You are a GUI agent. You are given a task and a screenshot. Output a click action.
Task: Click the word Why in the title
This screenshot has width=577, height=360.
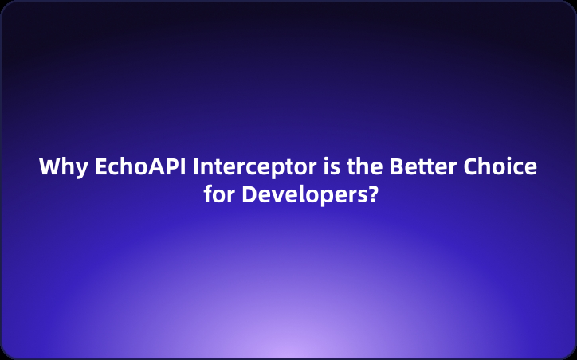pyautogui.click(x=62, y=169)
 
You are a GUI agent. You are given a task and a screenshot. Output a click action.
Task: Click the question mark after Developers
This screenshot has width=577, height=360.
pyautogui.click(x=371, y=194)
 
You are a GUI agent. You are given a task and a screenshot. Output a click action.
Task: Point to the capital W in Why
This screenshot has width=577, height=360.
pyautogui.click(x=49, y=169)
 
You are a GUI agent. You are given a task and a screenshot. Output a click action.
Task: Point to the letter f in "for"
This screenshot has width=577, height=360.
pyautogui.click(x=207, y=194)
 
